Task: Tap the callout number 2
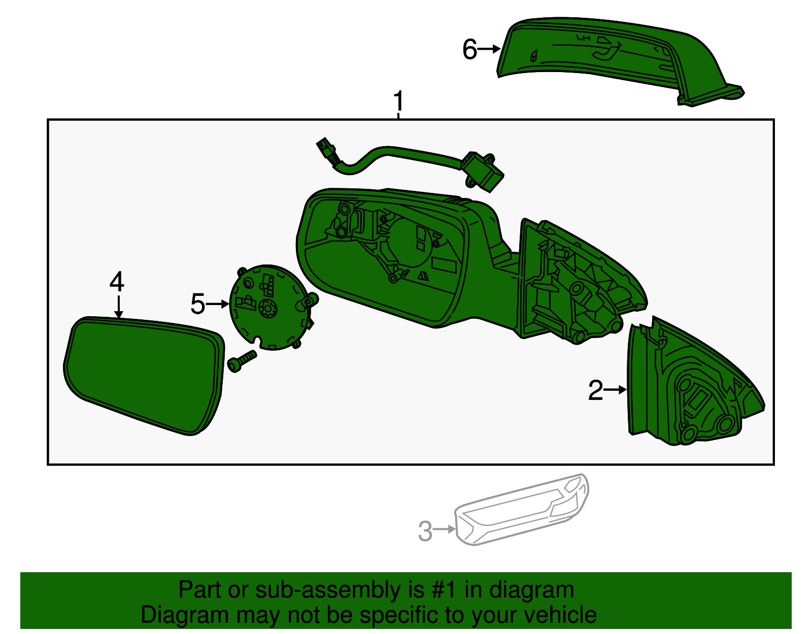click(596, 390)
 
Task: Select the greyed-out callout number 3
click(425, 531)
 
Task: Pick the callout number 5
click(198, 304)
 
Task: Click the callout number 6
click(470, 49)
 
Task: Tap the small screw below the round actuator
click(242, 361)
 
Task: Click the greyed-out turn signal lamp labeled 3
click(521, 510)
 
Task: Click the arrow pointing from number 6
click(489, 49)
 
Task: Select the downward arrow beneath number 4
click(118, 307)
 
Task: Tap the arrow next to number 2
click(616, 390)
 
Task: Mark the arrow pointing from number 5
click(218, 304)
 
